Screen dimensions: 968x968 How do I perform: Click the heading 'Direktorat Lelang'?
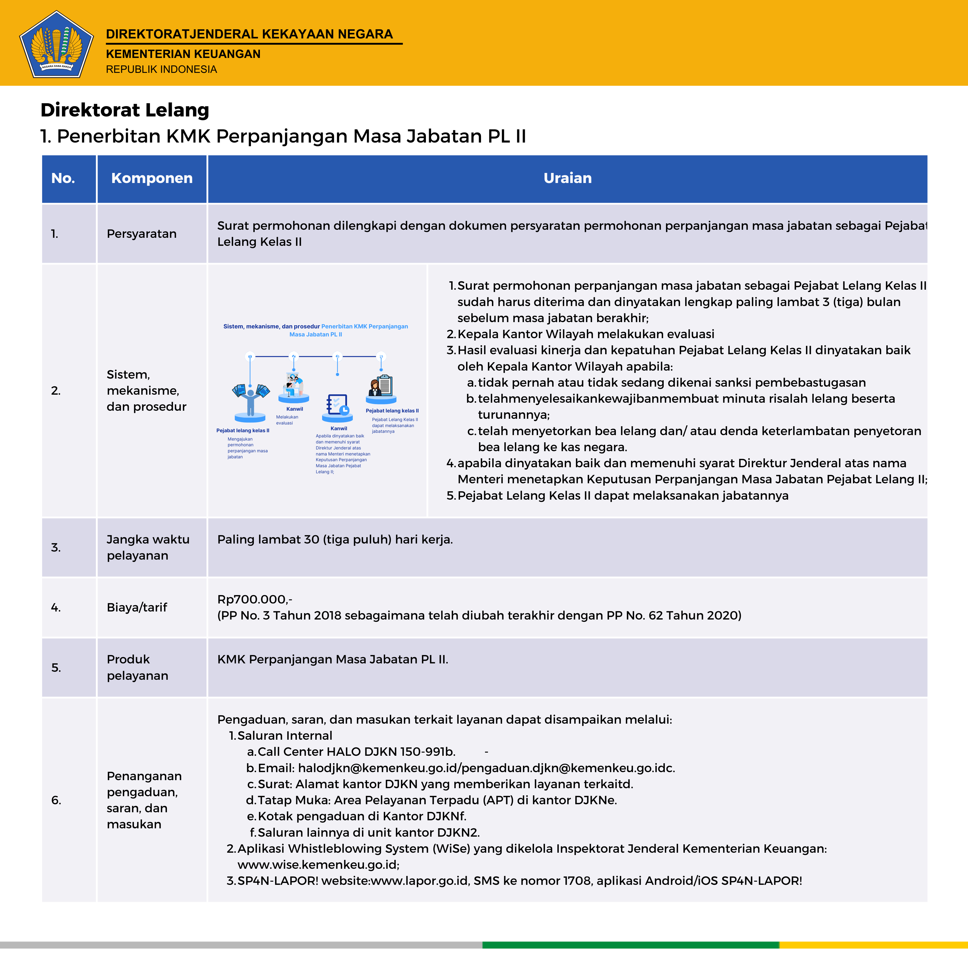pyautogui.click(x=125, y=110)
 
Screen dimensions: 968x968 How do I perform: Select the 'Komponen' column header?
pyautogui.click(x=152, y=178)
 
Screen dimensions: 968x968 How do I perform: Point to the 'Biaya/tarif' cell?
pyautogui.click(x=137, y=607)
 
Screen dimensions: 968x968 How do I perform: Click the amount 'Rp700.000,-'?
pyautogui.click(x=254, y=599)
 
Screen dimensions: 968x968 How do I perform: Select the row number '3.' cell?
pyautogui.click(x=56, y=548)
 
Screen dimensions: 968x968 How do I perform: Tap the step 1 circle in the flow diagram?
pyautogui.click(x=250, y=357)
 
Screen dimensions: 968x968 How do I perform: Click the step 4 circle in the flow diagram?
pyautogui.click(x=381, y=357)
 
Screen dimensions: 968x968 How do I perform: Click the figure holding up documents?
pyautogui.click(x=250, y=398)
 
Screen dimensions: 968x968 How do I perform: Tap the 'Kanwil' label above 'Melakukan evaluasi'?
pyautogui.click(x=295, y=409)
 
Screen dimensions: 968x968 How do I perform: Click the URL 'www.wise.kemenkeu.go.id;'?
pyautogui.click(x=318, y=865)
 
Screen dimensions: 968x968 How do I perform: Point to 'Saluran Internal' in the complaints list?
pyautogui.click(x=285, y=735)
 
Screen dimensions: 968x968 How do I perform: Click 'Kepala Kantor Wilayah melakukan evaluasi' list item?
pyautogui.click(x=586, y=334)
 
